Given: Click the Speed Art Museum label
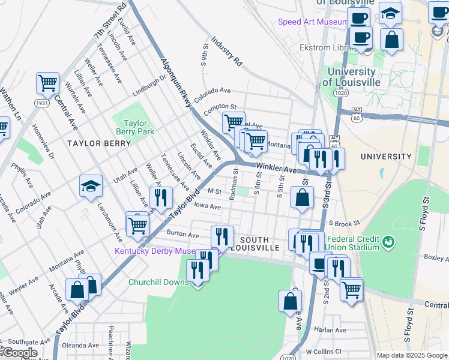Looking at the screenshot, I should pyautogui.click(x=312, y=22).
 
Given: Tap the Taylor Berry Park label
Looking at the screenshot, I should pyautogui.click(x=135, y=127).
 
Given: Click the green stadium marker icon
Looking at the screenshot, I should pyautogui.click(x=389, y=242).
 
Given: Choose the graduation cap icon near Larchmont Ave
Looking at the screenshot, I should pyautogui.click(x=91, y=186).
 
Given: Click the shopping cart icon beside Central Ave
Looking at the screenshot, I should pyautogui.click(x=47, y=83).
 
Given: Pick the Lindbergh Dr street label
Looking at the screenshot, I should pyautogui.click(x=148, y=86).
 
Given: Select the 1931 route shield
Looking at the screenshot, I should pyautogui.click(x=41, y=103).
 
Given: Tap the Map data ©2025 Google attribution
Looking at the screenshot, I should pyautogui.click(x=412, y=355).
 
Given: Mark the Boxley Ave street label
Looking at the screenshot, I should pyautogui.click(x=435, y=258).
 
